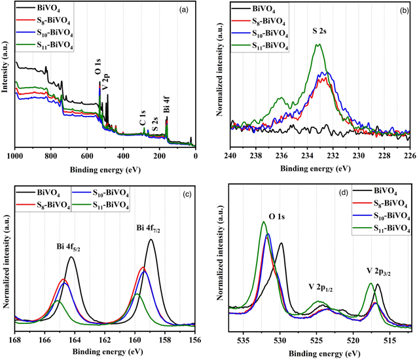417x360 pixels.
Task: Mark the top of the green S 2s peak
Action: tap(318, 45)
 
